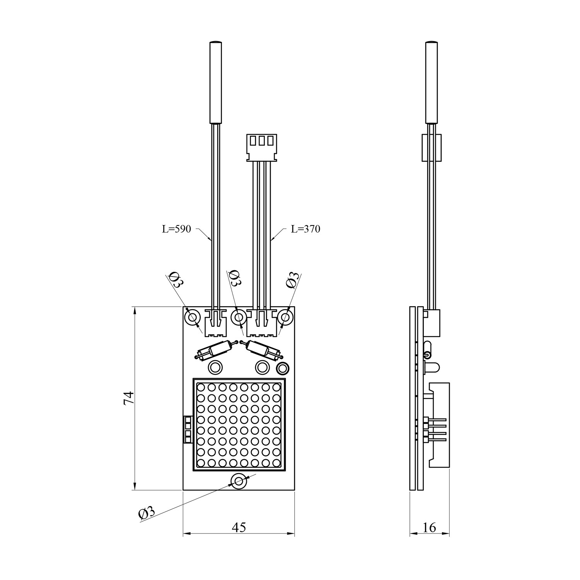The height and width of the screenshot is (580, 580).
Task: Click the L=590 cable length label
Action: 176,229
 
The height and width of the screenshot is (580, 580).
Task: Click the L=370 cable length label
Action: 305,229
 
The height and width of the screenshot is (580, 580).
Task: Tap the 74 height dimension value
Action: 129,398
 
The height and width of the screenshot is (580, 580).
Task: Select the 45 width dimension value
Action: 239,527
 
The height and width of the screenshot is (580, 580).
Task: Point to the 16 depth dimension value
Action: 429,527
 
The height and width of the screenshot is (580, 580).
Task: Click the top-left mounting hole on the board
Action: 192,318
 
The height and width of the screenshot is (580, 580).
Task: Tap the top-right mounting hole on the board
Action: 285,317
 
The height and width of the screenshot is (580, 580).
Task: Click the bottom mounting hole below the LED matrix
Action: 239,481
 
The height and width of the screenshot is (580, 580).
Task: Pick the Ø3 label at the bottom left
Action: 147,513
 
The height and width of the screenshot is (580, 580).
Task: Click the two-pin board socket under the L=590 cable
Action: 215,322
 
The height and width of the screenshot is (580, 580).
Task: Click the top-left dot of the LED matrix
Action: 201,387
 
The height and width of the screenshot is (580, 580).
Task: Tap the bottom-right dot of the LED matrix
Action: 276,462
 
